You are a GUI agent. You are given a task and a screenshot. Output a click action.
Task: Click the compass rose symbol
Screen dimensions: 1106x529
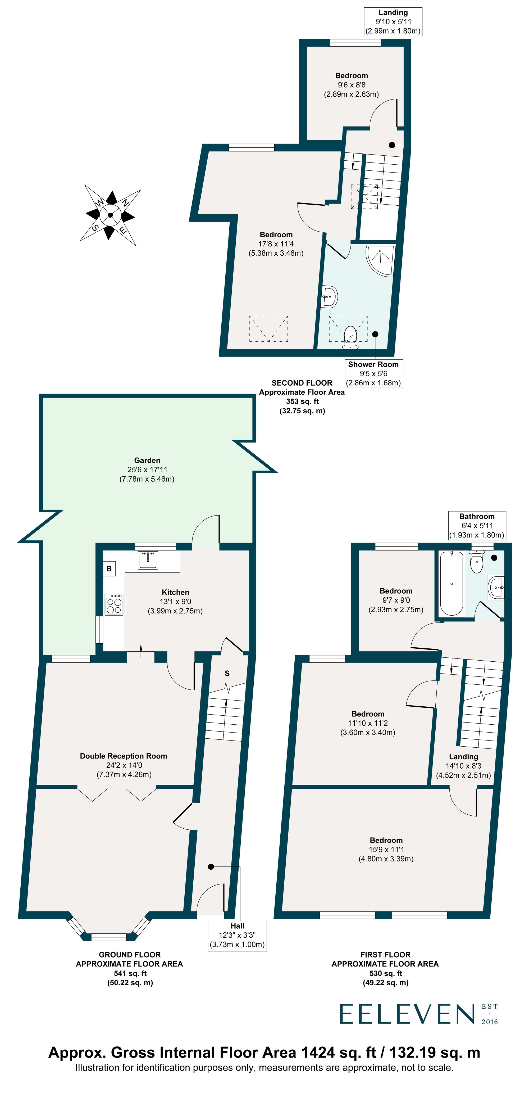(x=110, y=215)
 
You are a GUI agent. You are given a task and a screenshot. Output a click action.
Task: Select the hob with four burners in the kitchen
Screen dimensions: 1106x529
(x=114, y=604)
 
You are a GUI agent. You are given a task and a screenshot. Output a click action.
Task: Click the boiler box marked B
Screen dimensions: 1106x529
(x=109, y=568)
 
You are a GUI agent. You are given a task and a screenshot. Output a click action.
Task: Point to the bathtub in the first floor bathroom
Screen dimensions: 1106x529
(x=451, y=583)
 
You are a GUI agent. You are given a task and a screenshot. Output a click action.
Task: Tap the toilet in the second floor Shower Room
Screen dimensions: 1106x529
(x=350, y=337)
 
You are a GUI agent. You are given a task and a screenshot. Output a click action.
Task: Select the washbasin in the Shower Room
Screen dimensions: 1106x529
(x=330, y=296)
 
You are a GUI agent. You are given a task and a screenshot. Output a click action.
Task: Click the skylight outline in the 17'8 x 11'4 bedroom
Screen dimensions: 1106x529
(x=268, y=328)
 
